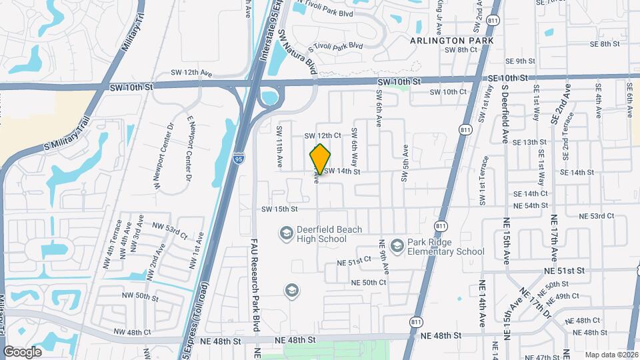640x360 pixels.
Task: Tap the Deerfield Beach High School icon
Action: click(287, 233)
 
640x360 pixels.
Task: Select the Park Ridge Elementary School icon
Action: click(397, 247)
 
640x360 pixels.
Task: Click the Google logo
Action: click(22, 351)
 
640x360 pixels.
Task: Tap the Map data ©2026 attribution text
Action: click(611, 355)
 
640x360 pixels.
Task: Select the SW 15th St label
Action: click(279, 209)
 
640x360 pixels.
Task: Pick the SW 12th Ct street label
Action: click(323, 135)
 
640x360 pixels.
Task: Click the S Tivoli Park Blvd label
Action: click(335, 47)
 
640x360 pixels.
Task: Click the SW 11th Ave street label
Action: click(279, 152)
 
